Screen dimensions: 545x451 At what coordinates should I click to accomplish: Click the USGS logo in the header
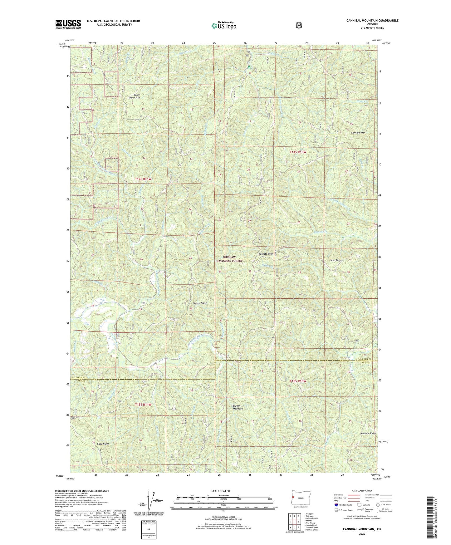[x=68, y=24]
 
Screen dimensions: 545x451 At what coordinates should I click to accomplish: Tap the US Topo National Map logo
[x=223, y=26]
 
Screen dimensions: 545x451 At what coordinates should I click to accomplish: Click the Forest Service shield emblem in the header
[x=299, y=25]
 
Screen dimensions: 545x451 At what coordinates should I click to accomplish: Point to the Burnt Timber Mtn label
[x=133, y=96]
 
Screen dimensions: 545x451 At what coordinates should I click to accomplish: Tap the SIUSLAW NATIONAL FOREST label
[x=229, y=259]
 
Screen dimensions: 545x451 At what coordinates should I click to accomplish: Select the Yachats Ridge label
[x=266, y=254]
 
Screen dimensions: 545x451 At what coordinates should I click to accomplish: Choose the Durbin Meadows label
[x=238, y=407]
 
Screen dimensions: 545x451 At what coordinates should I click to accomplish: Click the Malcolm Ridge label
[x=368, y=433]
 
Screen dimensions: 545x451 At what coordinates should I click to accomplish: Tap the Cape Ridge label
[x=103, y=444]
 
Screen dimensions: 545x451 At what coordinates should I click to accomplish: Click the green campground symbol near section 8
[x=249, y=67]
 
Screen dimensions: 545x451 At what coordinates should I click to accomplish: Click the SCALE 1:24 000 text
[x=221, y=491]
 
